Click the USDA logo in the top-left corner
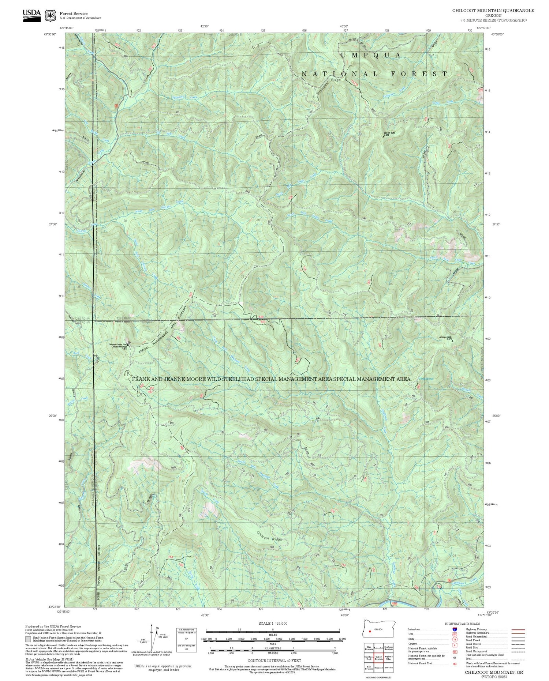click(31, 15)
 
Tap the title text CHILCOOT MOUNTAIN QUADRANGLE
click(493, 10)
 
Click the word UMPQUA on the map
click(370, 55)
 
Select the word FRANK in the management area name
click(141, 379)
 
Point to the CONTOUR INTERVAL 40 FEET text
click(274, 661)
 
